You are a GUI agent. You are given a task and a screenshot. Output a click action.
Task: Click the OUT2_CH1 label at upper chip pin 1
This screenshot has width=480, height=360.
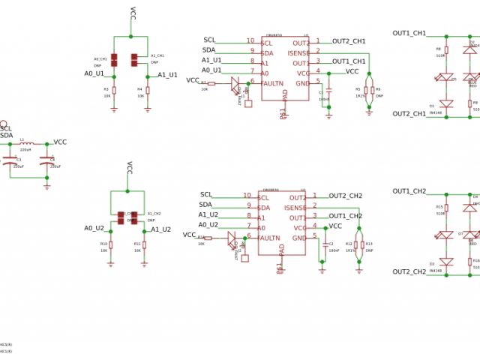tap(349, 41)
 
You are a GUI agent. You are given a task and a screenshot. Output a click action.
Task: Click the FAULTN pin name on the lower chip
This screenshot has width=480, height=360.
tap(274, 238)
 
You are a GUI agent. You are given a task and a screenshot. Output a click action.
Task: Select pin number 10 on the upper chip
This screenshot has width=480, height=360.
tap(250, 41)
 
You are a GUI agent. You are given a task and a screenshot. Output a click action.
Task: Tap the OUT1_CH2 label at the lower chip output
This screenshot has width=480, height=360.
tap(346, 217)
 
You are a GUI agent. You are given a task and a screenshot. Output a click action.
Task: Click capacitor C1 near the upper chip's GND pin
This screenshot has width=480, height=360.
tap(328, 93)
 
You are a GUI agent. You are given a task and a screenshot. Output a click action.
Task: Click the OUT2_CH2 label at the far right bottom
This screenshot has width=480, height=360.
tap(409, 271)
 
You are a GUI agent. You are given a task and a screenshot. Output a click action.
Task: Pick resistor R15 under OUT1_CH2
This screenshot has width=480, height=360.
tap(447, 209)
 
